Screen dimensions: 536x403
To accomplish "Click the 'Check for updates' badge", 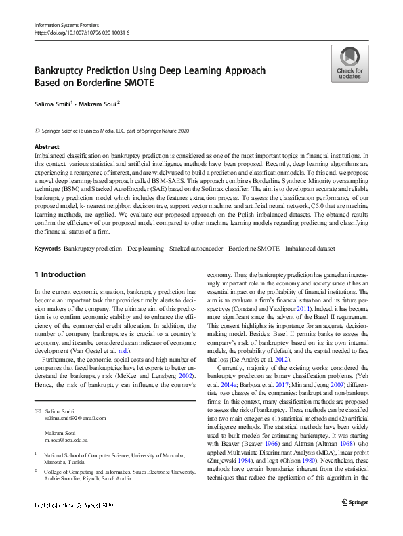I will (349, 64).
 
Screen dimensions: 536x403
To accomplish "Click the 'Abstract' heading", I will (47, 146).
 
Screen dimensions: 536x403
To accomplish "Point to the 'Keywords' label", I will (49, 249).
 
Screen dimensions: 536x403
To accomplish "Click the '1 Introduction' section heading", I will (60, 274).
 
